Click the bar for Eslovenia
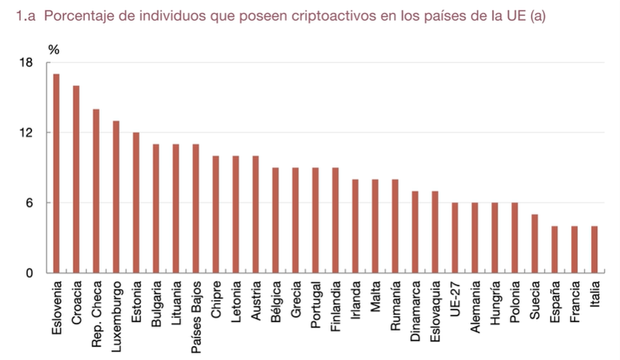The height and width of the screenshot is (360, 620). [x=56, y=173]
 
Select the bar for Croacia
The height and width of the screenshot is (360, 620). [x=76, y=179]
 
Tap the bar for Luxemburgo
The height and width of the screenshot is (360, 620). [x=116, y=197]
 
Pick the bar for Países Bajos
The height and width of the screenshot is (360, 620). [x=195, y=209]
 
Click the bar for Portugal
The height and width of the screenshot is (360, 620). [x=315, y=220]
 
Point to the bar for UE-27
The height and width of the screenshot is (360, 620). [x=455, y=238]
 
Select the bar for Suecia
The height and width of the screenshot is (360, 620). [x=534, y=244]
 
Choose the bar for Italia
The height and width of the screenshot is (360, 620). [x=594, y=250]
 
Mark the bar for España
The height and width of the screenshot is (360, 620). [x=554, y=250]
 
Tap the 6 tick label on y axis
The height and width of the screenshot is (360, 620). [x=29, y=203]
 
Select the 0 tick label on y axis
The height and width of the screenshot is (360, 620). [x=29, y=274]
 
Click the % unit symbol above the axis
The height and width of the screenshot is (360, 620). [x=53, y=50]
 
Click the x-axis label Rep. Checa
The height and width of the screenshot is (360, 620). [x=96, y=307]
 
